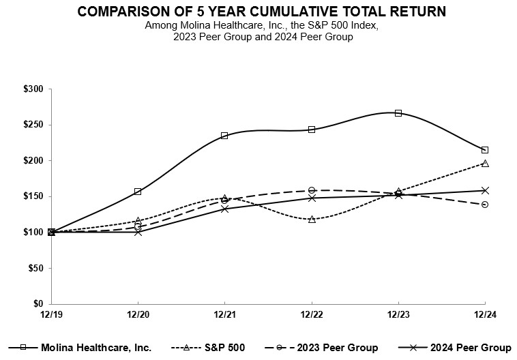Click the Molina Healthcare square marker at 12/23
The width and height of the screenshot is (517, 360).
(x=398, y=113)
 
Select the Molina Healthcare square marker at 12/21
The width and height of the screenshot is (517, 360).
(x=224, y=136)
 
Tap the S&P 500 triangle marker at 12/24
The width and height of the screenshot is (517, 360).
(x=485, y=164)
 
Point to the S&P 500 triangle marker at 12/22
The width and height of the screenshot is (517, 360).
(x=312, y=220)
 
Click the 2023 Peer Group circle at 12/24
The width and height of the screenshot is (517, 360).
(x=485, y=205)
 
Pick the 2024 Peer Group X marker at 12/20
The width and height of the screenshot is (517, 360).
(x=138, y=232)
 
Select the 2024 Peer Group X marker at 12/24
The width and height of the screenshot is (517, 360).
(x=485, y=190)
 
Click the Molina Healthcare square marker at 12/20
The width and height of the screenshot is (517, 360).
(x=138, y=192)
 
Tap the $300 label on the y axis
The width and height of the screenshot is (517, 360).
(x=33, y=89)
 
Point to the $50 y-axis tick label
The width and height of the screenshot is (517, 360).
(x=35, y=268)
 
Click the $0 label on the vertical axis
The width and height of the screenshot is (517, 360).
(x=38, y=304)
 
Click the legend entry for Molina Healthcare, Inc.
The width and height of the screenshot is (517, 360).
(x=95, y=348)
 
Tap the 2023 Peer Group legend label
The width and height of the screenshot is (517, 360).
(x=338, y=348)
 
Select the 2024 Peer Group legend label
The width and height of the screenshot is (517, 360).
(x=471, y=348)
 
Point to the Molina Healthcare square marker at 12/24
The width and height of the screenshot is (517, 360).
(x=485, y=150)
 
